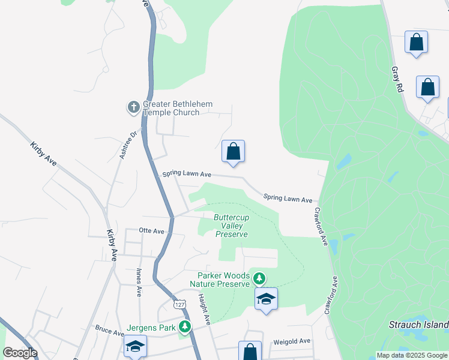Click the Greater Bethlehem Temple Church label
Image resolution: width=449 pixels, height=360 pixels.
pyautogui.click(x=177, y=108)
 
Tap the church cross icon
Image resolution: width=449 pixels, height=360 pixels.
pyautogui.click(x=133, y=108)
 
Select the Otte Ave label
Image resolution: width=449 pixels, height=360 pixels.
pyautogui.click(x=151, y=230)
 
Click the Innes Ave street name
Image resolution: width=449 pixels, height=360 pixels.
pyautogui.click(x=139, y=283)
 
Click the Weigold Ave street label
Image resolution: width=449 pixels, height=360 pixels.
pyautogui.click(x=292, y=341)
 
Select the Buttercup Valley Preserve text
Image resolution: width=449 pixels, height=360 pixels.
pyautogui.click(x=231, y=226)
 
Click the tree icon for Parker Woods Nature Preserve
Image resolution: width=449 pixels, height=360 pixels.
pyautogui.click(x=259, y=278)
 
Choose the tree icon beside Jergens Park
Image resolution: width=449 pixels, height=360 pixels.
pyautogui.click(x=186, y=327)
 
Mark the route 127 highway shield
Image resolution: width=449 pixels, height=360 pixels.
pyautogui.click(x=179, y=304)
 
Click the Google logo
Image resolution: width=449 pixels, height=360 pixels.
pyautogui.click(x=20, y=353)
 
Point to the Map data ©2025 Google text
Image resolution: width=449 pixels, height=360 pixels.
pyautogui.click(x=411, y=355)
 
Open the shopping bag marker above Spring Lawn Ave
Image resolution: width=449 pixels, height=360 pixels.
pyautogui.click(x=234, y=152)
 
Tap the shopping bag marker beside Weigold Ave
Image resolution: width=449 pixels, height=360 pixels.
pyautogui.click(x=250, y=351)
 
